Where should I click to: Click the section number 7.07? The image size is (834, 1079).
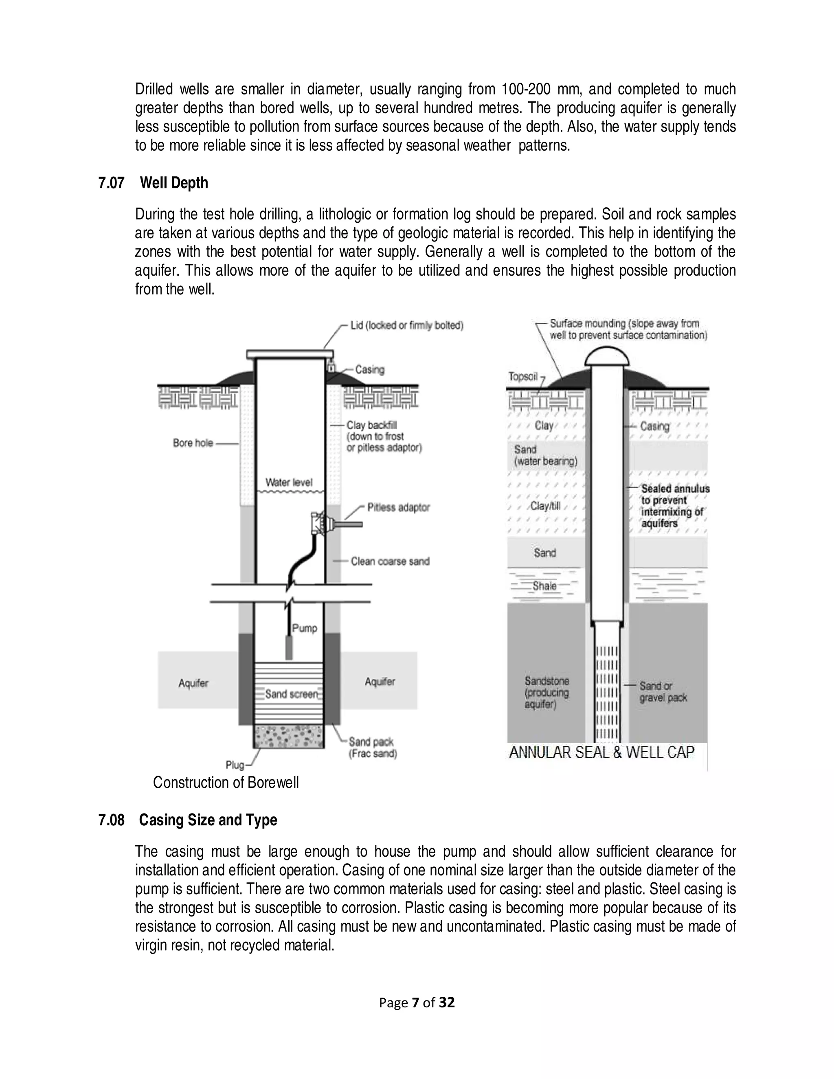point(111,183)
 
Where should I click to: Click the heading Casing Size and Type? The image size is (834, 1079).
point(208,820)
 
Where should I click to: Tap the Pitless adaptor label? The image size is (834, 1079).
point(398,507)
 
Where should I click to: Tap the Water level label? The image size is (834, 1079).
point(289,482)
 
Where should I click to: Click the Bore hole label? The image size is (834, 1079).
point(193,443)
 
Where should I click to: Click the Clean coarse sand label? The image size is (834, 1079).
point(390,561)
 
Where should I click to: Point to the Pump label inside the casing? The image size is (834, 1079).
point(304,628)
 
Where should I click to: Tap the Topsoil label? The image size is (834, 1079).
point(523,377)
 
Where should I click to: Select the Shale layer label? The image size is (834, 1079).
point(544,586)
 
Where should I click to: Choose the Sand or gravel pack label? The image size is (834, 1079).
point(663,692)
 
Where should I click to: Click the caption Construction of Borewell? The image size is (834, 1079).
point(226,783)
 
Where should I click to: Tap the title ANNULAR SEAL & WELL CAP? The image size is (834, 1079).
point(601,753)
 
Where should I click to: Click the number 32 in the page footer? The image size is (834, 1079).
point(447,1002)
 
